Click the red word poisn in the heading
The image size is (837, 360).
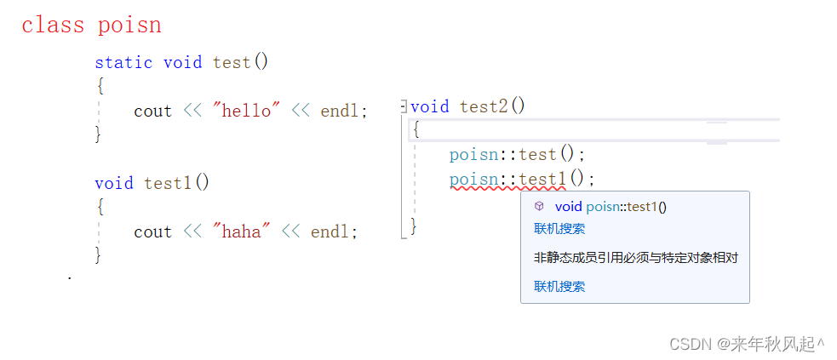tap(129, 25)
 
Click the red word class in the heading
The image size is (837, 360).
tap(53, 25)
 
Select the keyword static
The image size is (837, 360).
tap(123, 62)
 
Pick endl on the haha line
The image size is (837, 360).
tap(333, 231)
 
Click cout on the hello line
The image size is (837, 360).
tap(152, 111)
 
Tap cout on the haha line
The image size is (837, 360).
tap(152, 231)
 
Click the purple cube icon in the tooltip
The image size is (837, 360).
tap(538, 206)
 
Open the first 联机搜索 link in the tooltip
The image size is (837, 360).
tap(559, 228)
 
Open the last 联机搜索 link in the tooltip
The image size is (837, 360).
tap(559, 286)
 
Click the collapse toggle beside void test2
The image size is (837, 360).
tap(404, 106)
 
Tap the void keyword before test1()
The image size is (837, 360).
tap(114, 183)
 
